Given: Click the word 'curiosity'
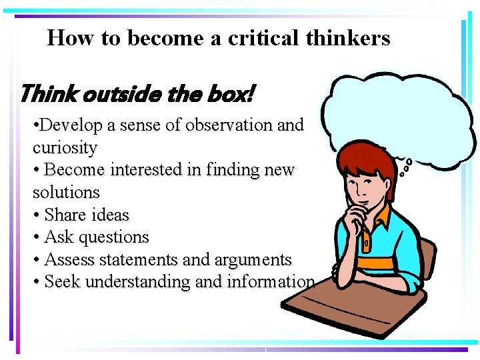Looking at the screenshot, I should click(65, 147).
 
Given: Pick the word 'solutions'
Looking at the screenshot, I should click(66, 193).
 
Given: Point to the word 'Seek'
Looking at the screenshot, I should click(62, 282).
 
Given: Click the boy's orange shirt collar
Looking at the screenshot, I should click(383, 217).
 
